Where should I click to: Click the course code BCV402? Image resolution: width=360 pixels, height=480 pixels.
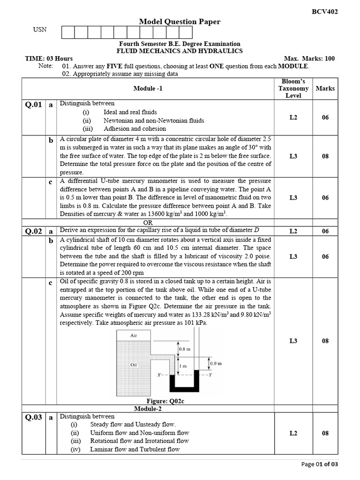click(x=324, y=12)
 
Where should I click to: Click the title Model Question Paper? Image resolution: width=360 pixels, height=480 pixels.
click(x=180, y=22)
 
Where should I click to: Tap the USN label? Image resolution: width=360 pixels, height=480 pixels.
click(x=40, y=30)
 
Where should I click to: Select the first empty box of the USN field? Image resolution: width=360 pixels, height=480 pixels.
click(x=68, y=32)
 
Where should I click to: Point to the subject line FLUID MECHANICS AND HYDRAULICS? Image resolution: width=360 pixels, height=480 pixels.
click(x=180, y=51)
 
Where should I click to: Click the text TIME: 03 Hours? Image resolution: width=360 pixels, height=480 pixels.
click(x=49, y=59)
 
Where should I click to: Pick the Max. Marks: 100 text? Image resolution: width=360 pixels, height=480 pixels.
click(x=309, y=59)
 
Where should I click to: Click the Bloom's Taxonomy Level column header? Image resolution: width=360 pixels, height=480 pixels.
click(x=293, y=89)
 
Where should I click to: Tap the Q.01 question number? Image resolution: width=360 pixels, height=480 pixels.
click(x=34, y=105)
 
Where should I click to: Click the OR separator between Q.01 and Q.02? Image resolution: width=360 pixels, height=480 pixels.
click(x=148, y=223)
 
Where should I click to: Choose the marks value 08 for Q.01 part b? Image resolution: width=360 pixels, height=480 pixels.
click(x=325, y=156)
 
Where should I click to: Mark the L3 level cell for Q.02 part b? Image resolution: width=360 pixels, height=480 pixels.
click(x=293, y=256)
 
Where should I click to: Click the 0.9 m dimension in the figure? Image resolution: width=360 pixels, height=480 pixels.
click(x=216, y=363)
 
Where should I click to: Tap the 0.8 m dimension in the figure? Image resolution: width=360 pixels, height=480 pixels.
click(x=185, y=349)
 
